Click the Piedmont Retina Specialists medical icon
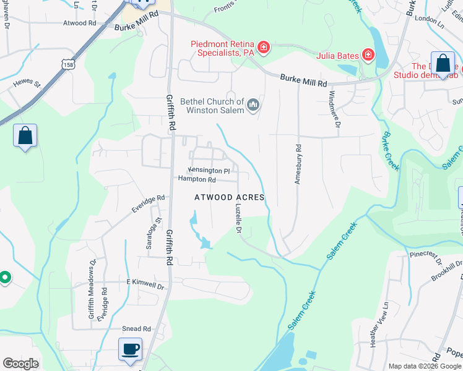(264, 48)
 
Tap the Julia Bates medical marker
(368, 56)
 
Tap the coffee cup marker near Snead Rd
(130, 349)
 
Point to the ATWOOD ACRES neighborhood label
(230, 197)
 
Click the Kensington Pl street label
(209, 170)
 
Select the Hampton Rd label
(197, 179)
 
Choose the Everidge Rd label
(148, 204)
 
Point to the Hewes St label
(27, 82)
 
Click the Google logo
(21, 363)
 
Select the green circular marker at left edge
(4, 278)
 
